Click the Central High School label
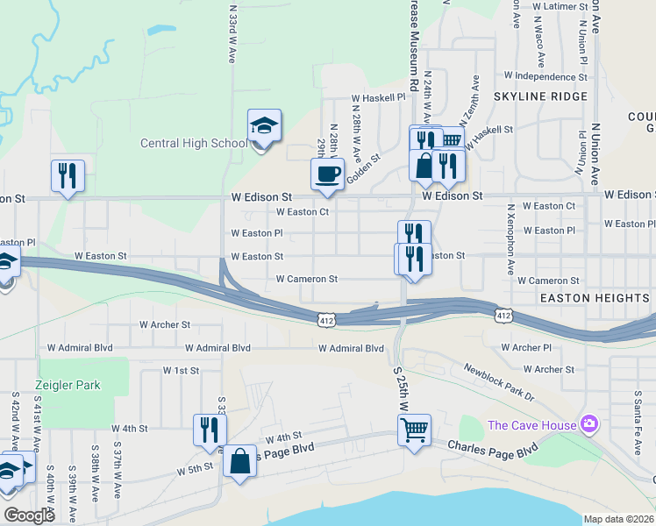click(x=194, y=144)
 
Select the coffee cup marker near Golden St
click(x=328, y=174)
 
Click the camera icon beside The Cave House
click(x=588, y=425)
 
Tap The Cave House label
click(x=531, y=425)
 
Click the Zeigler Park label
click(x=68, y=385)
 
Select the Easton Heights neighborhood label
click(x=594, y=298)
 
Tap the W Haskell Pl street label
click(x=378, y=98)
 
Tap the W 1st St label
click(x=181, y=371)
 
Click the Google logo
click(x=29, y=515)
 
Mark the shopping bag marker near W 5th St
click(x=239, y=462)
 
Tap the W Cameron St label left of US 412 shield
click(x=306, y=279)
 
